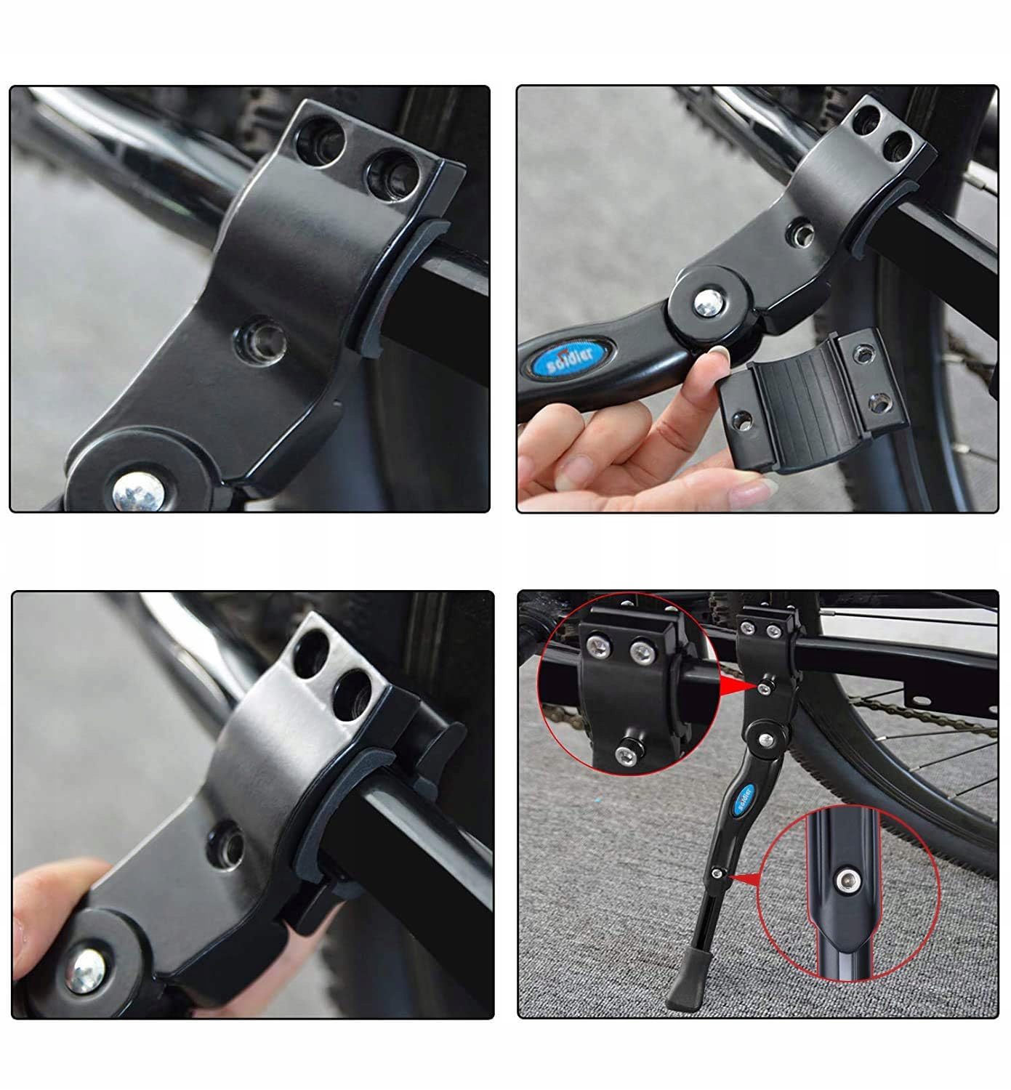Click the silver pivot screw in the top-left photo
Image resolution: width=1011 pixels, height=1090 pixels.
pos(138,492)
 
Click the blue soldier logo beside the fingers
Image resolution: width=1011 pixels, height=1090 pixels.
pos(570,357)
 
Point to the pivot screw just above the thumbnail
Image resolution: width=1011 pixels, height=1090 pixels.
pos(709,302)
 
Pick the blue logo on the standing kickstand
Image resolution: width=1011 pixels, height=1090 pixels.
pos(743,800)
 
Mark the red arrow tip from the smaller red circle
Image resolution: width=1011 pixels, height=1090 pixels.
pos(730,876)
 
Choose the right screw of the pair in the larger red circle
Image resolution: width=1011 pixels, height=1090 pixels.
pos(642,653)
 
